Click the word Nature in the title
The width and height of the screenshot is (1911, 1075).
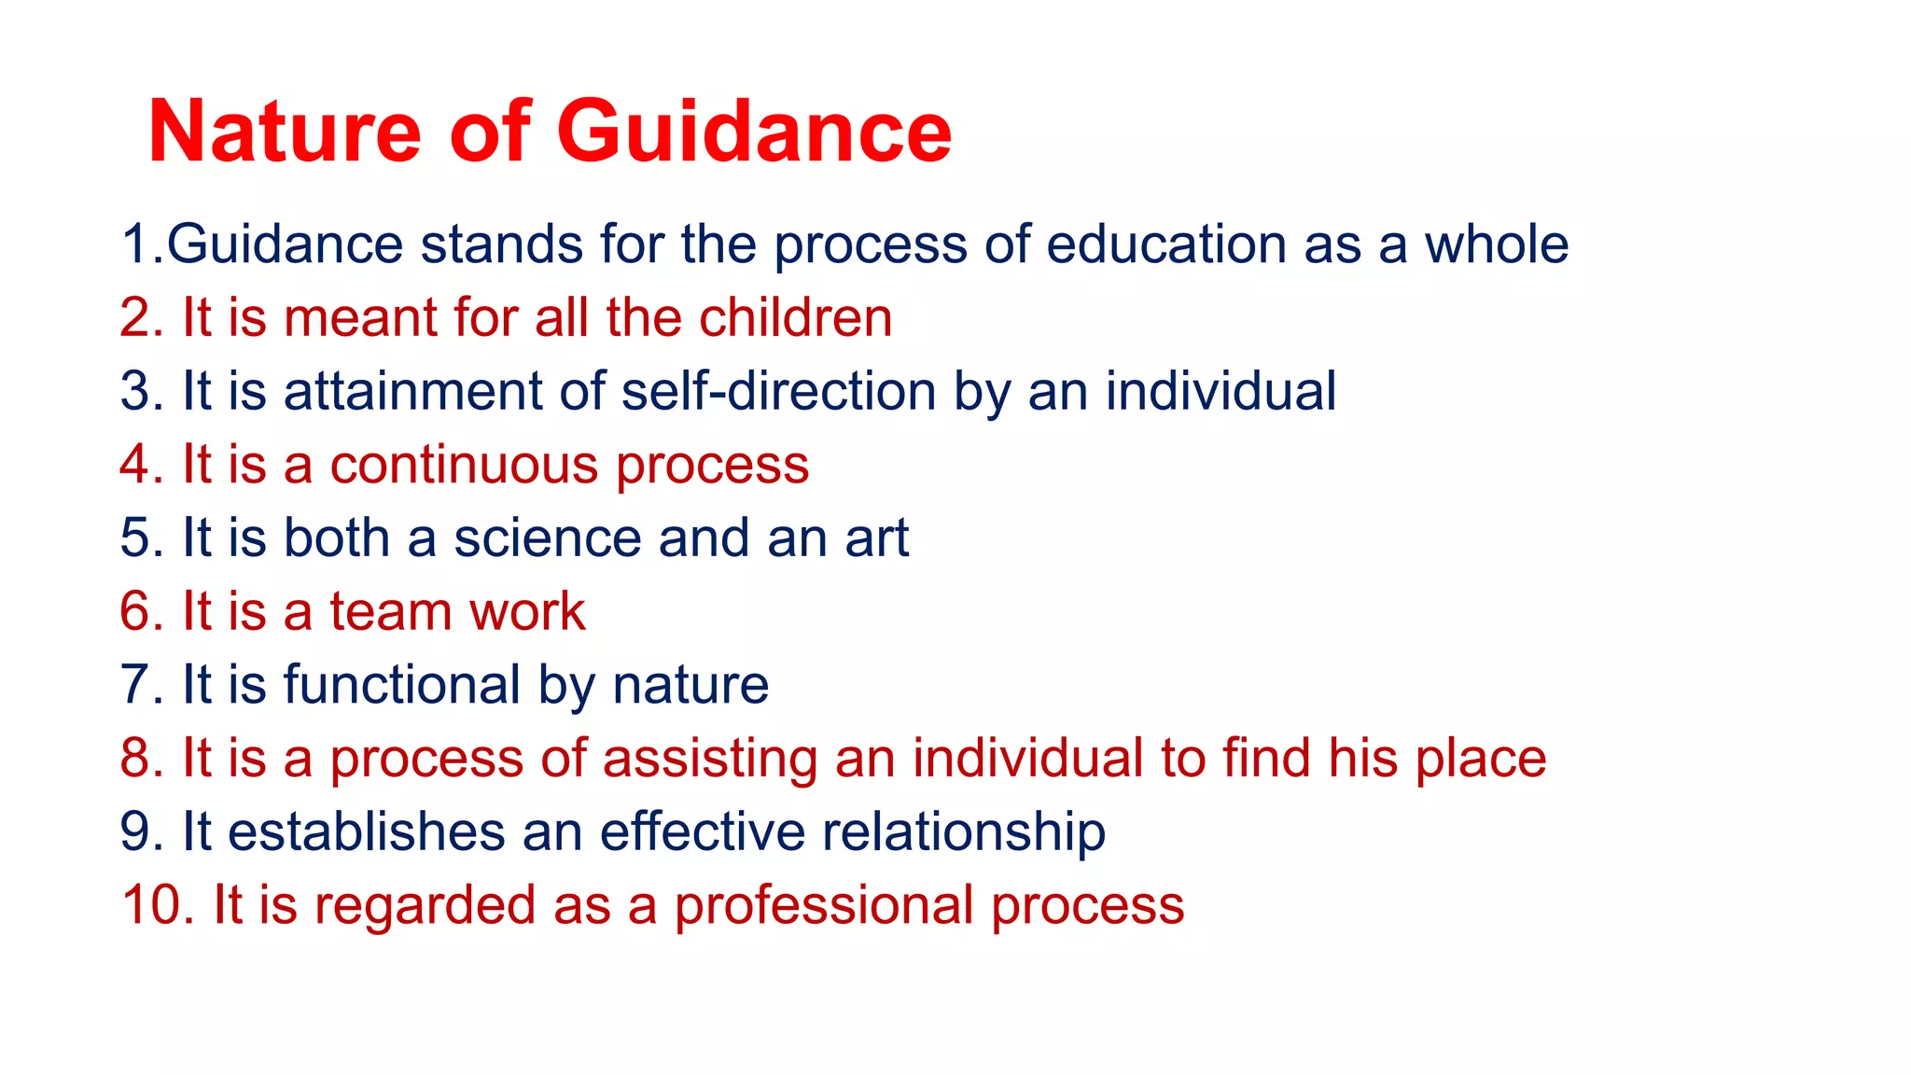coord(285,132)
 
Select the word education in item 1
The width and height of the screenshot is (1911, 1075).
coord(1165,244)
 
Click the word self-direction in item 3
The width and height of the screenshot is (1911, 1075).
coord(778,391)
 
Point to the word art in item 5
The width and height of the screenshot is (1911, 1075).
coord(876,538)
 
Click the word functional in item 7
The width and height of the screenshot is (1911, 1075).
coord(402,685)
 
